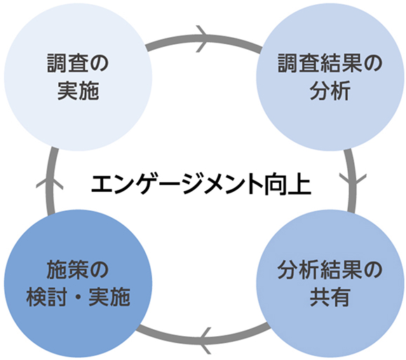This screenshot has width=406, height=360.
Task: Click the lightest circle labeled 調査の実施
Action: (x=79, y=76)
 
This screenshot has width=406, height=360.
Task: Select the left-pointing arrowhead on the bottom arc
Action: (x=203, y=340)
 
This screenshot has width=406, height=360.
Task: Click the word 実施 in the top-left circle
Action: (x=79, y=90)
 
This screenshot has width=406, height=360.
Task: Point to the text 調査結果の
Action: (x=328, y=64)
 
